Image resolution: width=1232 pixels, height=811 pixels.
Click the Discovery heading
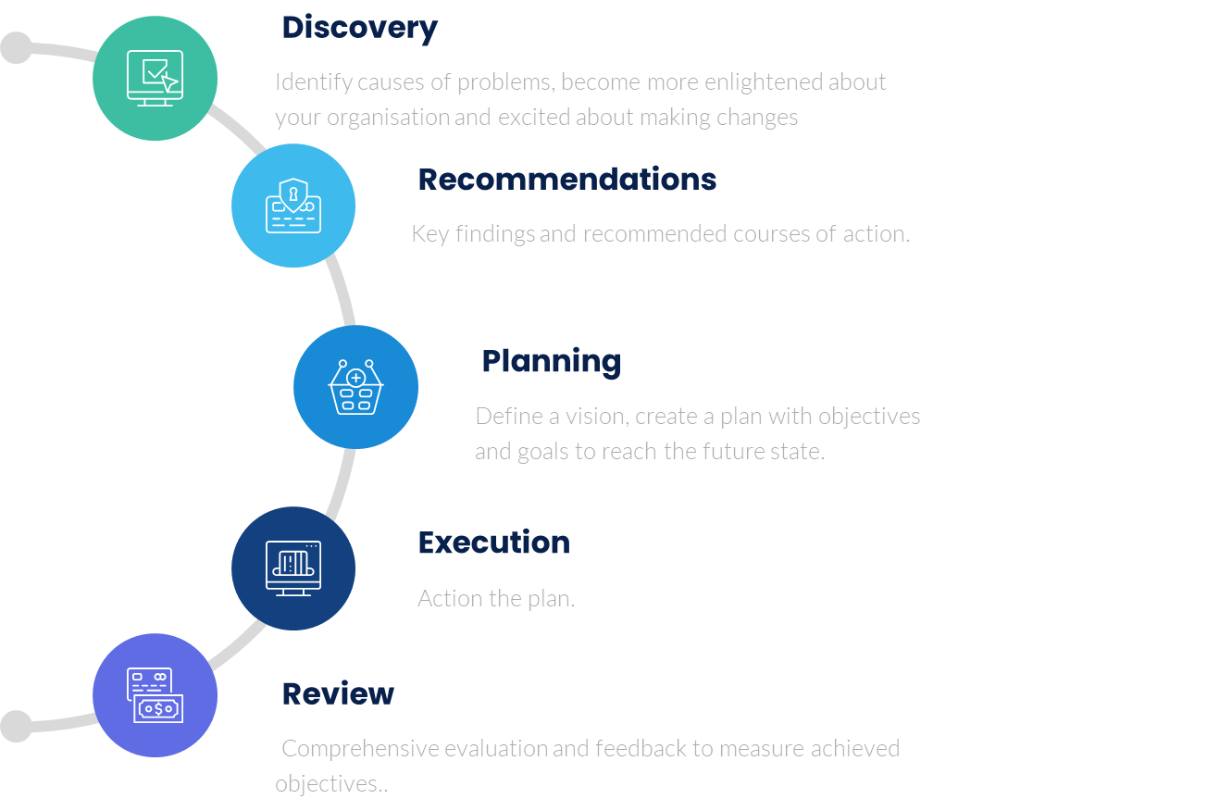click(359, 28)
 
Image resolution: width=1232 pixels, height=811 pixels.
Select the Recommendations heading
click(566, 180)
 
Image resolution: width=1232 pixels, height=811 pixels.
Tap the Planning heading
click(551, 361)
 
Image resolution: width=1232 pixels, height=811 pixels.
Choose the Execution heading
click(493, 543)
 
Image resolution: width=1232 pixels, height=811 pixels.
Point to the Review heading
click(338, 694)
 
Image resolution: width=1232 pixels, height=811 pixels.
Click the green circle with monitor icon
click(155, 79)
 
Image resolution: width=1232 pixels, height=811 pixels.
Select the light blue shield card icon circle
click(293, 206)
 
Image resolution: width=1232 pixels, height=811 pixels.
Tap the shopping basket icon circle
click(355, 387)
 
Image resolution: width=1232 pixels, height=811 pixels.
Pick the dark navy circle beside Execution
click(293, 568)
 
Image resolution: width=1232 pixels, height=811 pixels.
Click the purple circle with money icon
click(155, 695)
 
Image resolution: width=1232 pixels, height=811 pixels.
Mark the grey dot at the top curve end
click(15, 47)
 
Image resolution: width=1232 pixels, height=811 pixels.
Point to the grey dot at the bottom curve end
click(15, 726)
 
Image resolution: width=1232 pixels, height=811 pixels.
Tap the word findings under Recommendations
click(495, 234)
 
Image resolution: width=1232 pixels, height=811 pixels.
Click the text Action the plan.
click(496, 598)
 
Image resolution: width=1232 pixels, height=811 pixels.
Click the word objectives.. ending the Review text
click(330, 784)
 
